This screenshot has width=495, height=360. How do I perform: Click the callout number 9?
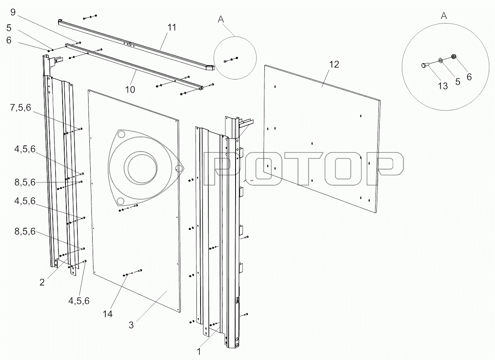coord(13,12)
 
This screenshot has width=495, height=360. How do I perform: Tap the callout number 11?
coord(172,28)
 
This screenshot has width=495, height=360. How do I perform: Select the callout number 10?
coord(130,90)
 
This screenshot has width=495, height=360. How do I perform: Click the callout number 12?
coord(334,65)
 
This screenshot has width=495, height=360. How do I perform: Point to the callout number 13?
coord(443,86)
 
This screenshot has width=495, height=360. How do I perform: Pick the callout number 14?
coord(107,314)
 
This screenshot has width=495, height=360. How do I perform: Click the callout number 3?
coord(131,325)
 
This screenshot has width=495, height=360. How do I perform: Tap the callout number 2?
coord(42,282)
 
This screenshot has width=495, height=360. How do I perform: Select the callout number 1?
coord(198,352)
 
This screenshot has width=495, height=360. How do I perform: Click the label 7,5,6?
coord(21,108)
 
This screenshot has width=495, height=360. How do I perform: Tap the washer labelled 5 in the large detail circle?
coord(440,60)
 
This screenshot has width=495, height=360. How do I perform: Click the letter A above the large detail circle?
coord(444,16)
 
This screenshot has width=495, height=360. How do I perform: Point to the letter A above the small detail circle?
coord(221,19)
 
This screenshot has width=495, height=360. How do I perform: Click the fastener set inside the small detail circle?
coord(231,60)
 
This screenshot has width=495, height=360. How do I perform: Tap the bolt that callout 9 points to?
coord(78,43)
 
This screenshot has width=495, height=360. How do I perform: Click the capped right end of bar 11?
coord(210,68)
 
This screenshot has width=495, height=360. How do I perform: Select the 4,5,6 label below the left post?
coord(79,301)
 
